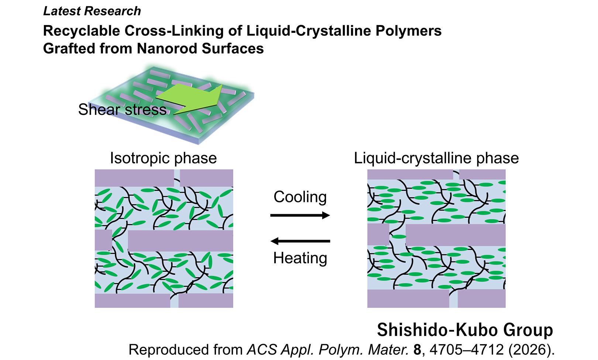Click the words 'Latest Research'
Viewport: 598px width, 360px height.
point(92,11)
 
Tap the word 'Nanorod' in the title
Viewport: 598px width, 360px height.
point(167,49)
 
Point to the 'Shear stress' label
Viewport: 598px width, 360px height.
point(122,110)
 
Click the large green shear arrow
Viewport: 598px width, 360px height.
point(192,99)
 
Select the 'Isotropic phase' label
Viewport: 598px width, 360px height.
point(164,158)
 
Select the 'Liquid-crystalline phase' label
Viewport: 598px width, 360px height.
point(436,158)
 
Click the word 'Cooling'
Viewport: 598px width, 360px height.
point(300,197)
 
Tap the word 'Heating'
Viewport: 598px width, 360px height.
point(300,258)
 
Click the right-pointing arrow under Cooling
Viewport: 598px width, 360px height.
point(300,215)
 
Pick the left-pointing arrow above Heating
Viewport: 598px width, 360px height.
point(300,241)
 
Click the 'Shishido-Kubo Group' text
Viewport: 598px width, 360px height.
point(465,330)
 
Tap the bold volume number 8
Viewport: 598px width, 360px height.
point(417,350)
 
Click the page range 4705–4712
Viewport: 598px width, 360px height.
point(467,350)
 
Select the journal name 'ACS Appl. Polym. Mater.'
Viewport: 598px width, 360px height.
point(327,350)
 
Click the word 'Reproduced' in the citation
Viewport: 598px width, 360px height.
point(169,350)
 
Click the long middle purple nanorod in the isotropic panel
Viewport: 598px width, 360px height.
point(181,241)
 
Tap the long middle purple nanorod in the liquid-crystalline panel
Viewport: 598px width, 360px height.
point(456,235)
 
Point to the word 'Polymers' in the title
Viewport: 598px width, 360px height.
point(409,31)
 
